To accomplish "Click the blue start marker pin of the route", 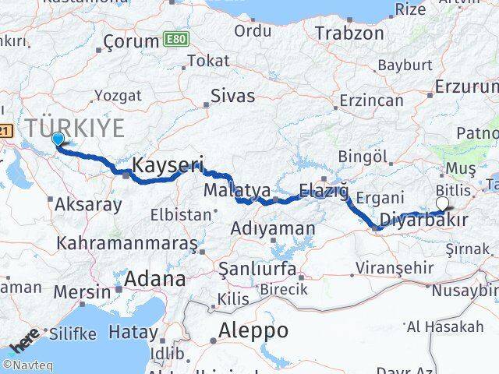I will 58,139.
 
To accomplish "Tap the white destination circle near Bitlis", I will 443,204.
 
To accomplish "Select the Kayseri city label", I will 168,165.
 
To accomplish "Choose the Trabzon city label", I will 350,34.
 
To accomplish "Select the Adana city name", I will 157,279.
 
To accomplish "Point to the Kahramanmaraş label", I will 126,242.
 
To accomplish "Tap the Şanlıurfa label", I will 257,270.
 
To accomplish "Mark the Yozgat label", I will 119,95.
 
